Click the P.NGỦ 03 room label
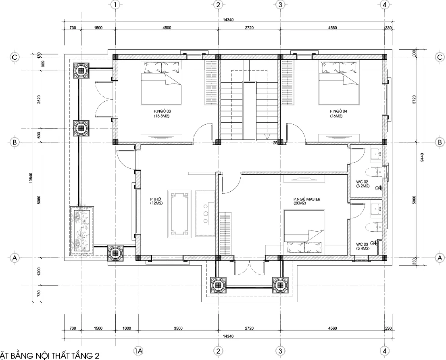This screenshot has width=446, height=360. [162, 113]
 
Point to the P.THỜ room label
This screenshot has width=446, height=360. [156, 201]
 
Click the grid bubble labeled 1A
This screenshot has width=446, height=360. [138, 351]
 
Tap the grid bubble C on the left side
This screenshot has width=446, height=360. [15, 57]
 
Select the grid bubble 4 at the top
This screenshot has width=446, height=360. [385, 5]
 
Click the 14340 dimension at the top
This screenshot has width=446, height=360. [228, 20]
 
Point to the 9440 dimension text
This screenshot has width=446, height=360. [422, 157]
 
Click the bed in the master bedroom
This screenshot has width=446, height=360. [304, 232]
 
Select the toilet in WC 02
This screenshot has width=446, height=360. [375, 172]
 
